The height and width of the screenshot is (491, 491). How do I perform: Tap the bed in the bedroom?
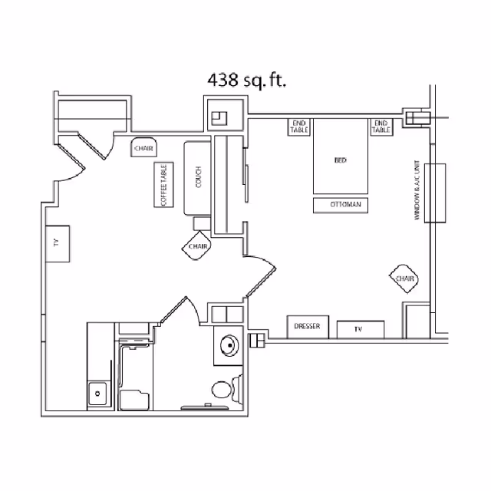tap(340, 160)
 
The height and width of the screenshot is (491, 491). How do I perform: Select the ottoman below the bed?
tap(341, 205)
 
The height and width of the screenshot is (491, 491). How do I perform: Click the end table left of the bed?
tap(299, 127)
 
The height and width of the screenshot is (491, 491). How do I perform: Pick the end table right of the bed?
tap(381, 127)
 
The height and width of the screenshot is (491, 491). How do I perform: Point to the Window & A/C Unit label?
tap(417, 193)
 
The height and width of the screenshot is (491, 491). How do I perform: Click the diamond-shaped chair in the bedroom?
tap(404, 278)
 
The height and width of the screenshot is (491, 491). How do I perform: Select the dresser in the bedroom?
tap(308, 327)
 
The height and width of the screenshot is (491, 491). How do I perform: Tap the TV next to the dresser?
tap(358, 328)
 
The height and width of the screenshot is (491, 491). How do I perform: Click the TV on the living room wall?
tap(57, 243)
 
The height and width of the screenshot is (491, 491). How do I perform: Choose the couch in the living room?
tap(198, 178)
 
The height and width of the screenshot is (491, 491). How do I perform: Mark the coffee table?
tap(163, 185)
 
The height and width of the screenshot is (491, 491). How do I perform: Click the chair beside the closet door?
tap(143, 148)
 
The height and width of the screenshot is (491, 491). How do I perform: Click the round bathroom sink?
tap(228, 345)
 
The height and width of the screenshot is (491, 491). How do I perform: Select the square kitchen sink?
tap(98, 394)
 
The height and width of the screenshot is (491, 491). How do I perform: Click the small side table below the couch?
tap(202, 223)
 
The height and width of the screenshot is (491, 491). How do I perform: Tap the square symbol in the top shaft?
tap(220, 117)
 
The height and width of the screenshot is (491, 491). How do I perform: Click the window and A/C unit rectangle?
tap(436, 193)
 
